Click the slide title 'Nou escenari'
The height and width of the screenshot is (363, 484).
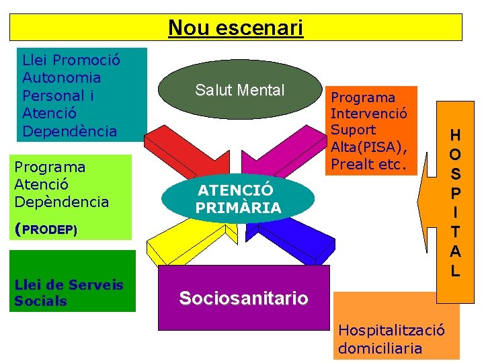click(x=236, y=28)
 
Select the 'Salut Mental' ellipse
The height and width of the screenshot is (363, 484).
click(x=240, y=90)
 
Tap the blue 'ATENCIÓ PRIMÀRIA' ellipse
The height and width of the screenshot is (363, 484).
click(x=239, y=200)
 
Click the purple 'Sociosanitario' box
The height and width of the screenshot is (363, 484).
click(x=243, y=298)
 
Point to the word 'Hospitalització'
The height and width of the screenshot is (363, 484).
click(x=391, y=330)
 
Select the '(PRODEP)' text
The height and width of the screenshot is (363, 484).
click(x=46, y=229)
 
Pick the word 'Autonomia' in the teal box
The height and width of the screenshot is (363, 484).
click(x=62, y=78)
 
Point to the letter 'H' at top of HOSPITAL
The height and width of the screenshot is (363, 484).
click(x=455, y=134)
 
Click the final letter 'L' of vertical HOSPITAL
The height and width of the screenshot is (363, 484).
click(x=455, y=271)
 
